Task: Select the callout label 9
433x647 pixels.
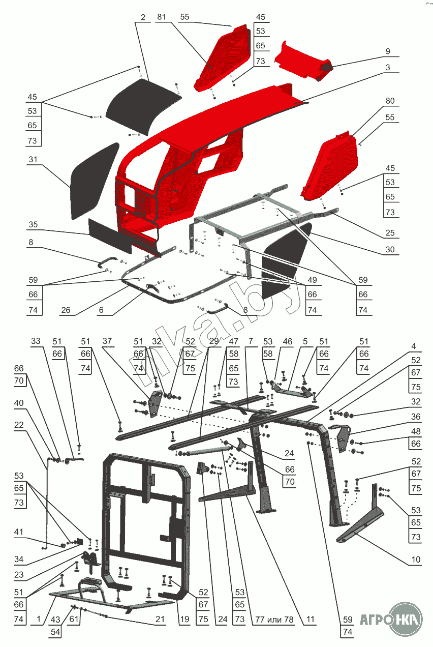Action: tap(387, 51)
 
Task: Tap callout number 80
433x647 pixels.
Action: tap(390, 101)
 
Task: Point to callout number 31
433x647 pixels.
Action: tap(33, 160)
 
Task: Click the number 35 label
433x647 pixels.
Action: tap(33, 224)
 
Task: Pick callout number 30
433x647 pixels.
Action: tap(390, 250)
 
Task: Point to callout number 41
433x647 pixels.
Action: tap(19, 532)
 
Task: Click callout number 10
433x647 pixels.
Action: tap(416, 560)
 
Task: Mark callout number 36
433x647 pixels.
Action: tap(416, 417)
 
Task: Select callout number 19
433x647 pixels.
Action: tap(184, 620)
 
